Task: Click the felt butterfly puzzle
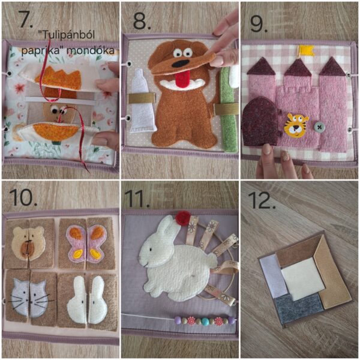pos(86,244)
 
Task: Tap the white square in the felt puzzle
pos(303,279)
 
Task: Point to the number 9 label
pos(259,23)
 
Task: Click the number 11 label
pos(137,198)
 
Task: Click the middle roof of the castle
pos(298,68)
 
